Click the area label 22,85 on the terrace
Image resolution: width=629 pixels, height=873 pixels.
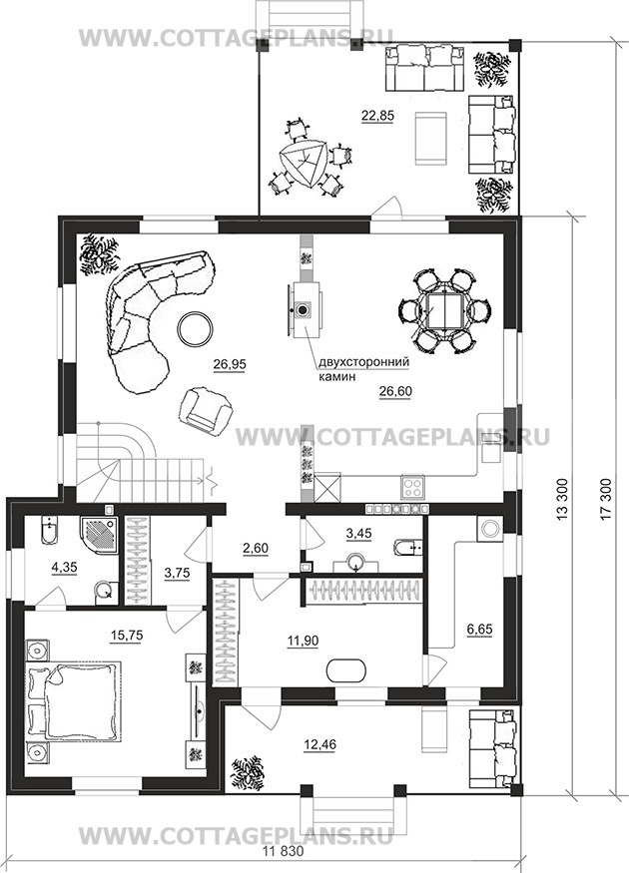(377, 116)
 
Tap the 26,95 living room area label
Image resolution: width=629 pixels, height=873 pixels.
(230, 364)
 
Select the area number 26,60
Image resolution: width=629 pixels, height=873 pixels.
(395, 391)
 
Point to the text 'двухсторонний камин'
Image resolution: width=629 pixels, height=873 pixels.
(363, 369)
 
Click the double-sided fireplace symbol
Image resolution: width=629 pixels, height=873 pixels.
(304, 309)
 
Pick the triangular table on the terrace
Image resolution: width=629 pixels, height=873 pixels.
(304, 164)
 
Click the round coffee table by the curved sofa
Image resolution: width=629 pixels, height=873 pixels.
(195, 329)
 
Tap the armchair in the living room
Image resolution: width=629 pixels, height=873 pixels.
(205, 408)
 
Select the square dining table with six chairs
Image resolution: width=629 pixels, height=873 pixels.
(444, 310)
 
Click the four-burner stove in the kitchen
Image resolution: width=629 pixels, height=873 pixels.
(413, 488)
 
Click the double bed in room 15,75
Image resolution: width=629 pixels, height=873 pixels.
(74, 700)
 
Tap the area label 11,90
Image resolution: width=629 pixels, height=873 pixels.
(303, 641)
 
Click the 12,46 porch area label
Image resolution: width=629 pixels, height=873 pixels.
(319, 744)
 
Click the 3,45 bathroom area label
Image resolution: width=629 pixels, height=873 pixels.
(358, 534)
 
